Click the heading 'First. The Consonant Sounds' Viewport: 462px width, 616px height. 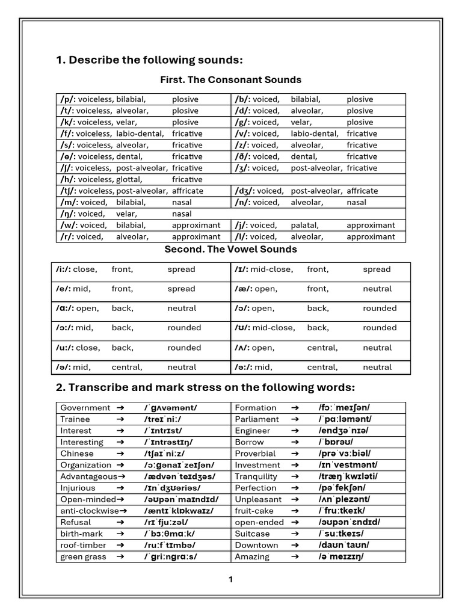tap(230, 80)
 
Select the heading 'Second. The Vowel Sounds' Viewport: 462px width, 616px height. tap(230, 249)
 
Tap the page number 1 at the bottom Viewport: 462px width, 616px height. tap(230, 579)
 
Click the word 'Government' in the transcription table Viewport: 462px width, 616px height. tap(85, 408)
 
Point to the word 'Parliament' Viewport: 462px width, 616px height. tap(257, 419)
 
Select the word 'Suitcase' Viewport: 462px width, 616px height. tap(253, 534)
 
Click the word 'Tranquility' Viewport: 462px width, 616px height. tap(256, 476)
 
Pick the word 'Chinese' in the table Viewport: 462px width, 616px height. tap(77, 454)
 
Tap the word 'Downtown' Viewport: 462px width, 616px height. tap(257, 545)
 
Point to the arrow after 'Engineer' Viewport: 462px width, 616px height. tap(295, 431)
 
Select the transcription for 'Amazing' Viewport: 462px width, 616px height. tap(341, 556)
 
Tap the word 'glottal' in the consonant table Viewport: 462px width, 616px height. tap(129, 179)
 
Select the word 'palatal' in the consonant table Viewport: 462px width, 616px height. tap(306, 225)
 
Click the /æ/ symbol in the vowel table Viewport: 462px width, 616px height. tap(243, 289)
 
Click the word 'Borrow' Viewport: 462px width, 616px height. tap(249, 442)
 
